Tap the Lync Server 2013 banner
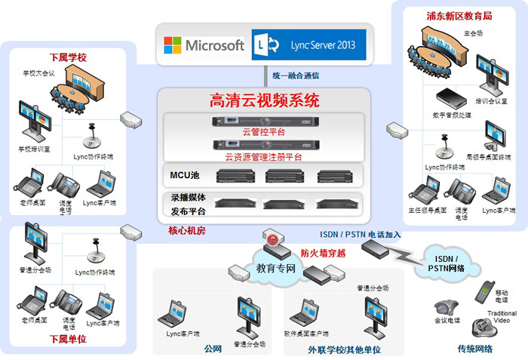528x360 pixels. (x=309, y=45)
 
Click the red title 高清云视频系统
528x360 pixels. (x=264, y=100)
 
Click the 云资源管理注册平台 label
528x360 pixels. (x=263, y=157)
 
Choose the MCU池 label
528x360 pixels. (x=185, y=176)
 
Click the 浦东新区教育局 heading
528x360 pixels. (x=459, y=14)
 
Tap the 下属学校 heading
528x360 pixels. (x=68, y=57)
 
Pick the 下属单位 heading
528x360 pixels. (x=68, y=339)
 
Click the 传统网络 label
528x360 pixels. (x=475, y=348)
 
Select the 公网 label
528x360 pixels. (x=213, y=348)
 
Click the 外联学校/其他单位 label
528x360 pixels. (x=345, y=349)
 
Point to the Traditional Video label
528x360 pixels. (x=502, y=315)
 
